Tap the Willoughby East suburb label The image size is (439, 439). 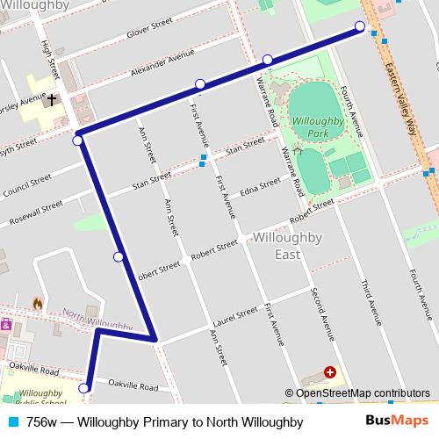click(275, 246)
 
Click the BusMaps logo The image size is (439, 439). click(405, 421)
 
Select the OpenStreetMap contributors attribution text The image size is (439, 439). click(362, 393)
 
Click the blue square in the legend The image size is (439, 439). click(10, 422)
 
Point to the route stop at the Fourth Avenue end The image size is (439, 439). click(359, 25)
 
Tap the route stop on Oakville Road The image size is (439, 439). click(84, 388)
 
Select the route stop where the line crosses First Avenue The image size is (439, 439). click(200, 84)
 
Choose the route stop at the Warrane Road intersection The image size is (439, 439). click(267, 60)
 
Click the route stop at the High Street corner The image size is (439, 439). click(78, 140)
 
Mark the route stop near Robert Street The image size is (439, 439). click(119, 256)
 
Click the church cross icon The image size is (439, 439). click(53, 100)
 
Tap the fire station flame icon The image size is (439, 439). click(37, 304)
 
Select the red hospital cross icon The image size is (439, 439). click(330, 372)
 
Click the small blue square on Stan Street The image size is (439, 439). click(204, 160)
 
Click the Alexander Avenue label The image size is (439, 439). click(161, 62)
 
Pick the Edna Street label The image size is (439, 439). click(261, 186)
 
